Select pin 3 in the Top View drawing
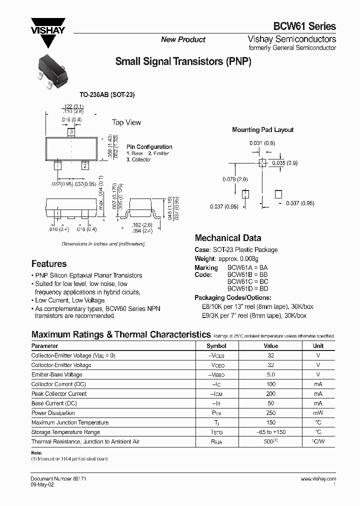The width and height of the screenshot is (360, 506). pos(71,132)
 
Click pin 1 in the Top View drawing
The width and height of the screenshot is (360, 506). pos(58,165)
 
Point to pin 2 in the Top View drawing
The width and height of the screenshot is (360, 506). pos(85,165)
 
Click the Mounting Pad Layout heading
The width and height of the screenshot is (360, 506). pos(262,129)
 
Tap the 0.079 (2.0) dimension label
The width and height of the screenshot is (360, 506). pos(234,179)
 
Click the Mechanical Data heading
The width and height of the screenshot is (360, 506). pos(227,238)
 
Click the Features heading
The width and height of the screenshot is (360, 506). pos(49,263)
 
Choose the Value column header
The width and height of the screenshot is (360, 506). pos(271,345)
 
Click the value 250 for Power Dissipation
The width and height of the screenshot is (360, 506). pos(271,413)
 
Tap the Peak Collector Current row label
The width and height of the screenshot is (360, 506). pos(59,394)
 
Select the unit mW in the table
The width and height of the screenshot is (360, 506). pos(318,413)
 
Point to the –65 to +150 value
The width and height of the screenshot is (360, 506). pos(271,432)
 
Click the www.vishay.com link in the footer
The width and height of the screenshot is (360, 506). pos(318,478)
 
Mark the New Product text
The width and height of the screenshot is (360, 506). pos(183,39)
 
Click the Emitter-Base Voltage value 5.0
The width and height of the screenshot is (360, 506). pos(271,374)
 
